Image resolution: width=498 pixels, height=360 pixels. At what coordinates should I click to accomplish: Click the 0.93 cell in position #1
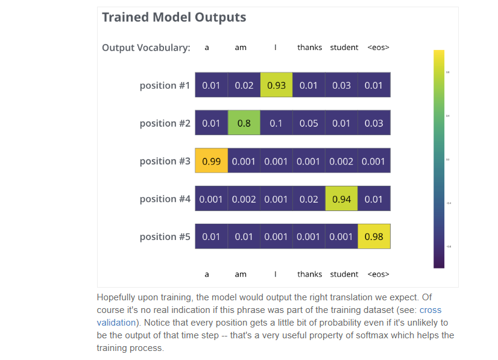tap(276, 85)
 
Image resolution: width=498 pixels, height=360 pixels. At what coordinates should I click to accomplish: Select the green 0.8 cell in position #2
tap(244, 123)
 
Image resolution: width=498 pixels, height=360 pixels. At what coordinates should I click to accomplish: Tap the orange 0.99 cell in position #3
tap(211, 161)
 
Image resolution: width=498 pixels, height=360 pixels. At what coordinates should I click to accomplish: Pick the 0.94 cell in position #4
tap(341, 199)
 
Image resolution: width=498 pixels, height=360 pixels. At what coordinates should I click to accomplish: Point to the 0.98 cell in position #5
tap(374, 236)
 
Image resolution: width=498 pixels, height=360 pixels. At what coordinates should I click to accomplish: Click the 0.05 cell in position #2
tap(309, 123)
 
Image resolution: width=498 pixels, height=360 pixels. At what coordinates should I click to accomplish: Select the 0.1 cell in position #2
tap(276, 123)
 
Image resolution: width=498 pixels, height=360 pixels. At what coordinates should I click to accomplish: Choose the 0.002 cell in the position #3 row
tap(341, 161)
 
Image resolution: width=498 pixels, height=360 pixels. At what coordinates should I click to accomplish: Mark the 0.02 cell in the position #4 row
tap(309, 199)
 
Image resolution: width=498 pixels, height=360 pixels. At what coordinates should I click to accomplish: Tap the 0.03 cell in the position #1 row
tap(341, 85)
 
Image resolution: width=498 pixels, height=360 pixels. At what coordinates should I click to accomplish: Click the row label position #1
tap(165, 86)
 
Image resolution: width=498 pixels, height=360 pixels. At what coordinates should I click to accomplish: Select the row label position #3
tap(165, 161)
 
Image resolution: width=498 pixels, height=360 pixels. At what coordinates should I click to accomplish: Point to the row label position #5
tap(165, 237)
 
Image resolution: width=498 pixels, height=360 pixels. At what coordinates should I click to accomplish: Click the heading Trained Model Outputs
tap(174, 17)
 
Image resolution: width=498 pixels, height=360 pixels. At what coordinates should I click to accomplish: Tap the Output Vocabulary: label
tap(146, 48)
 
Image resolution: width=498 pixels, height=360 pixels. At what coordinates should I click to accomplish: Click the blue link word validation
tap(116, 323)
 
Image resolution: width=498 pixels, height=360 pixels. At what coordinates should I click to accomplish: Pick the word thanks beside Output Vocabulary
tap(309, 47)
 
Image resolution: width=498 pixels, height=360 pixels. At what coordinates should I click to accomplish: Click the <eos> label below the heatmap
tap(378, 274)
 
